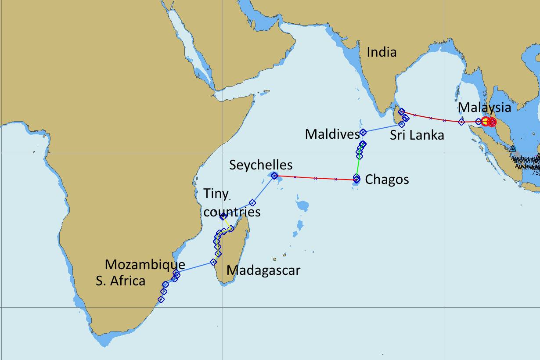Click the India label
pos(382,52)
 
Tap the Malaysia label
pos(484,108)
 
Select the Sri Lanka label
pos(417,135)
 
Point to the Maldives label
pos(332,134)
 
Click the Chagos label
pos(387,180)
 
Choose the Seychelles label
pos(261,165)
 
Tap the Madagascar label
pos(263,270)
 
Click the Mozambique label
pos(145,265)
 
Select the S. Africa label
pos(120,281)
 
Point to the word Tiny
pos(216,194)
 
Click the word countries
pos(232,212)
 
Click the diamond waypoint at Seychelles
pos(274,176)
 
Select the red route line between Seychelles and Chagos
pos(315,178)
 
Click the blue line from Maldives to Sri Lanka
pos(382,128)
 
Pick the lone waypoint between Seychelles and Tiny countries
pos(252,203)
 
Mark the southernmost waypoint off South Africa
pos(161,299)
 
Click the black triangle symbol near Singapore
pos(512,148)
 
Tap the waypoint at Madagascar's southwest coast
pos(213,262)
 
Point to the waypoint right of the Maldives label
pos(363,132)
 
